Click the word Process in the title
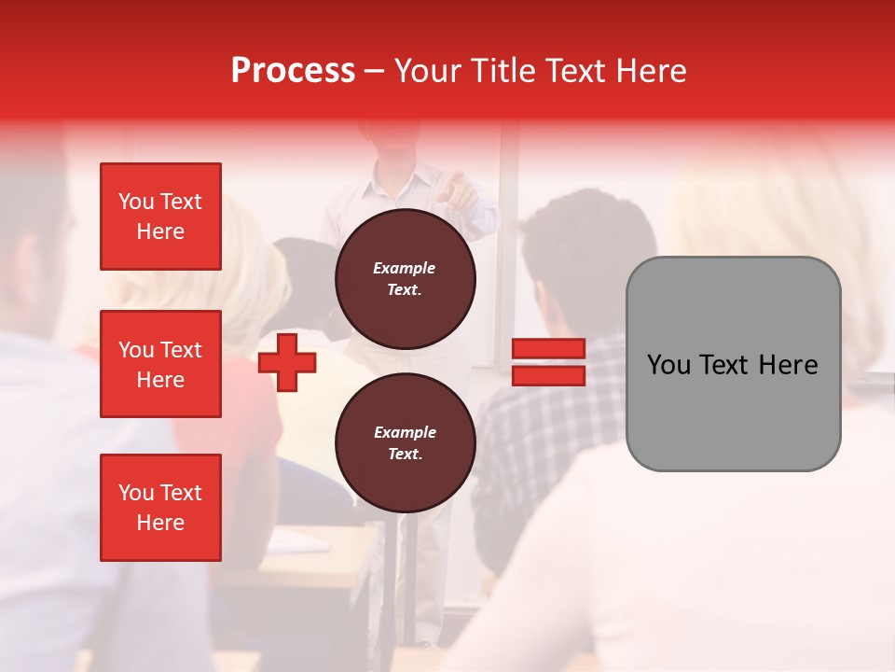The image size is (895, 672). tap(293, 71)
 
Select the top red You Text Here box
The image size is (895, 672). tap(160, 217)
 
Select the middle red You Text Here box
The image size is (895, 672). tap(160, 364)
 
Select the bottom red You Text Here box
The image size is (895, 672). tap(160, 508)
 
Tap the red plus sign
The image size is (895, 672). tap(287, 362)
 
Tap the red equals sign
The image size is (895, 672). tap(548, 362)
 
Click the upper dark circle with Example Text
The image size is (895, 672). tap(406, 278)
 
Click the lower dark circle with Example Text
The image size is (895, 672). tap(406, 442)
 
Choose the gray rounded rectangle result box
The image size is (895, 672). tap(733, 364)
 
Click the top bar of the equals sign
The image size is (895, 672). tap(548, 349)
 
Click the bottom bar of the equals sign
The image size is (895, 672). tap(548, 375)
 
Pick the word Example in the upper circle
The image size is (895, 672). tap(405, 268)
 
